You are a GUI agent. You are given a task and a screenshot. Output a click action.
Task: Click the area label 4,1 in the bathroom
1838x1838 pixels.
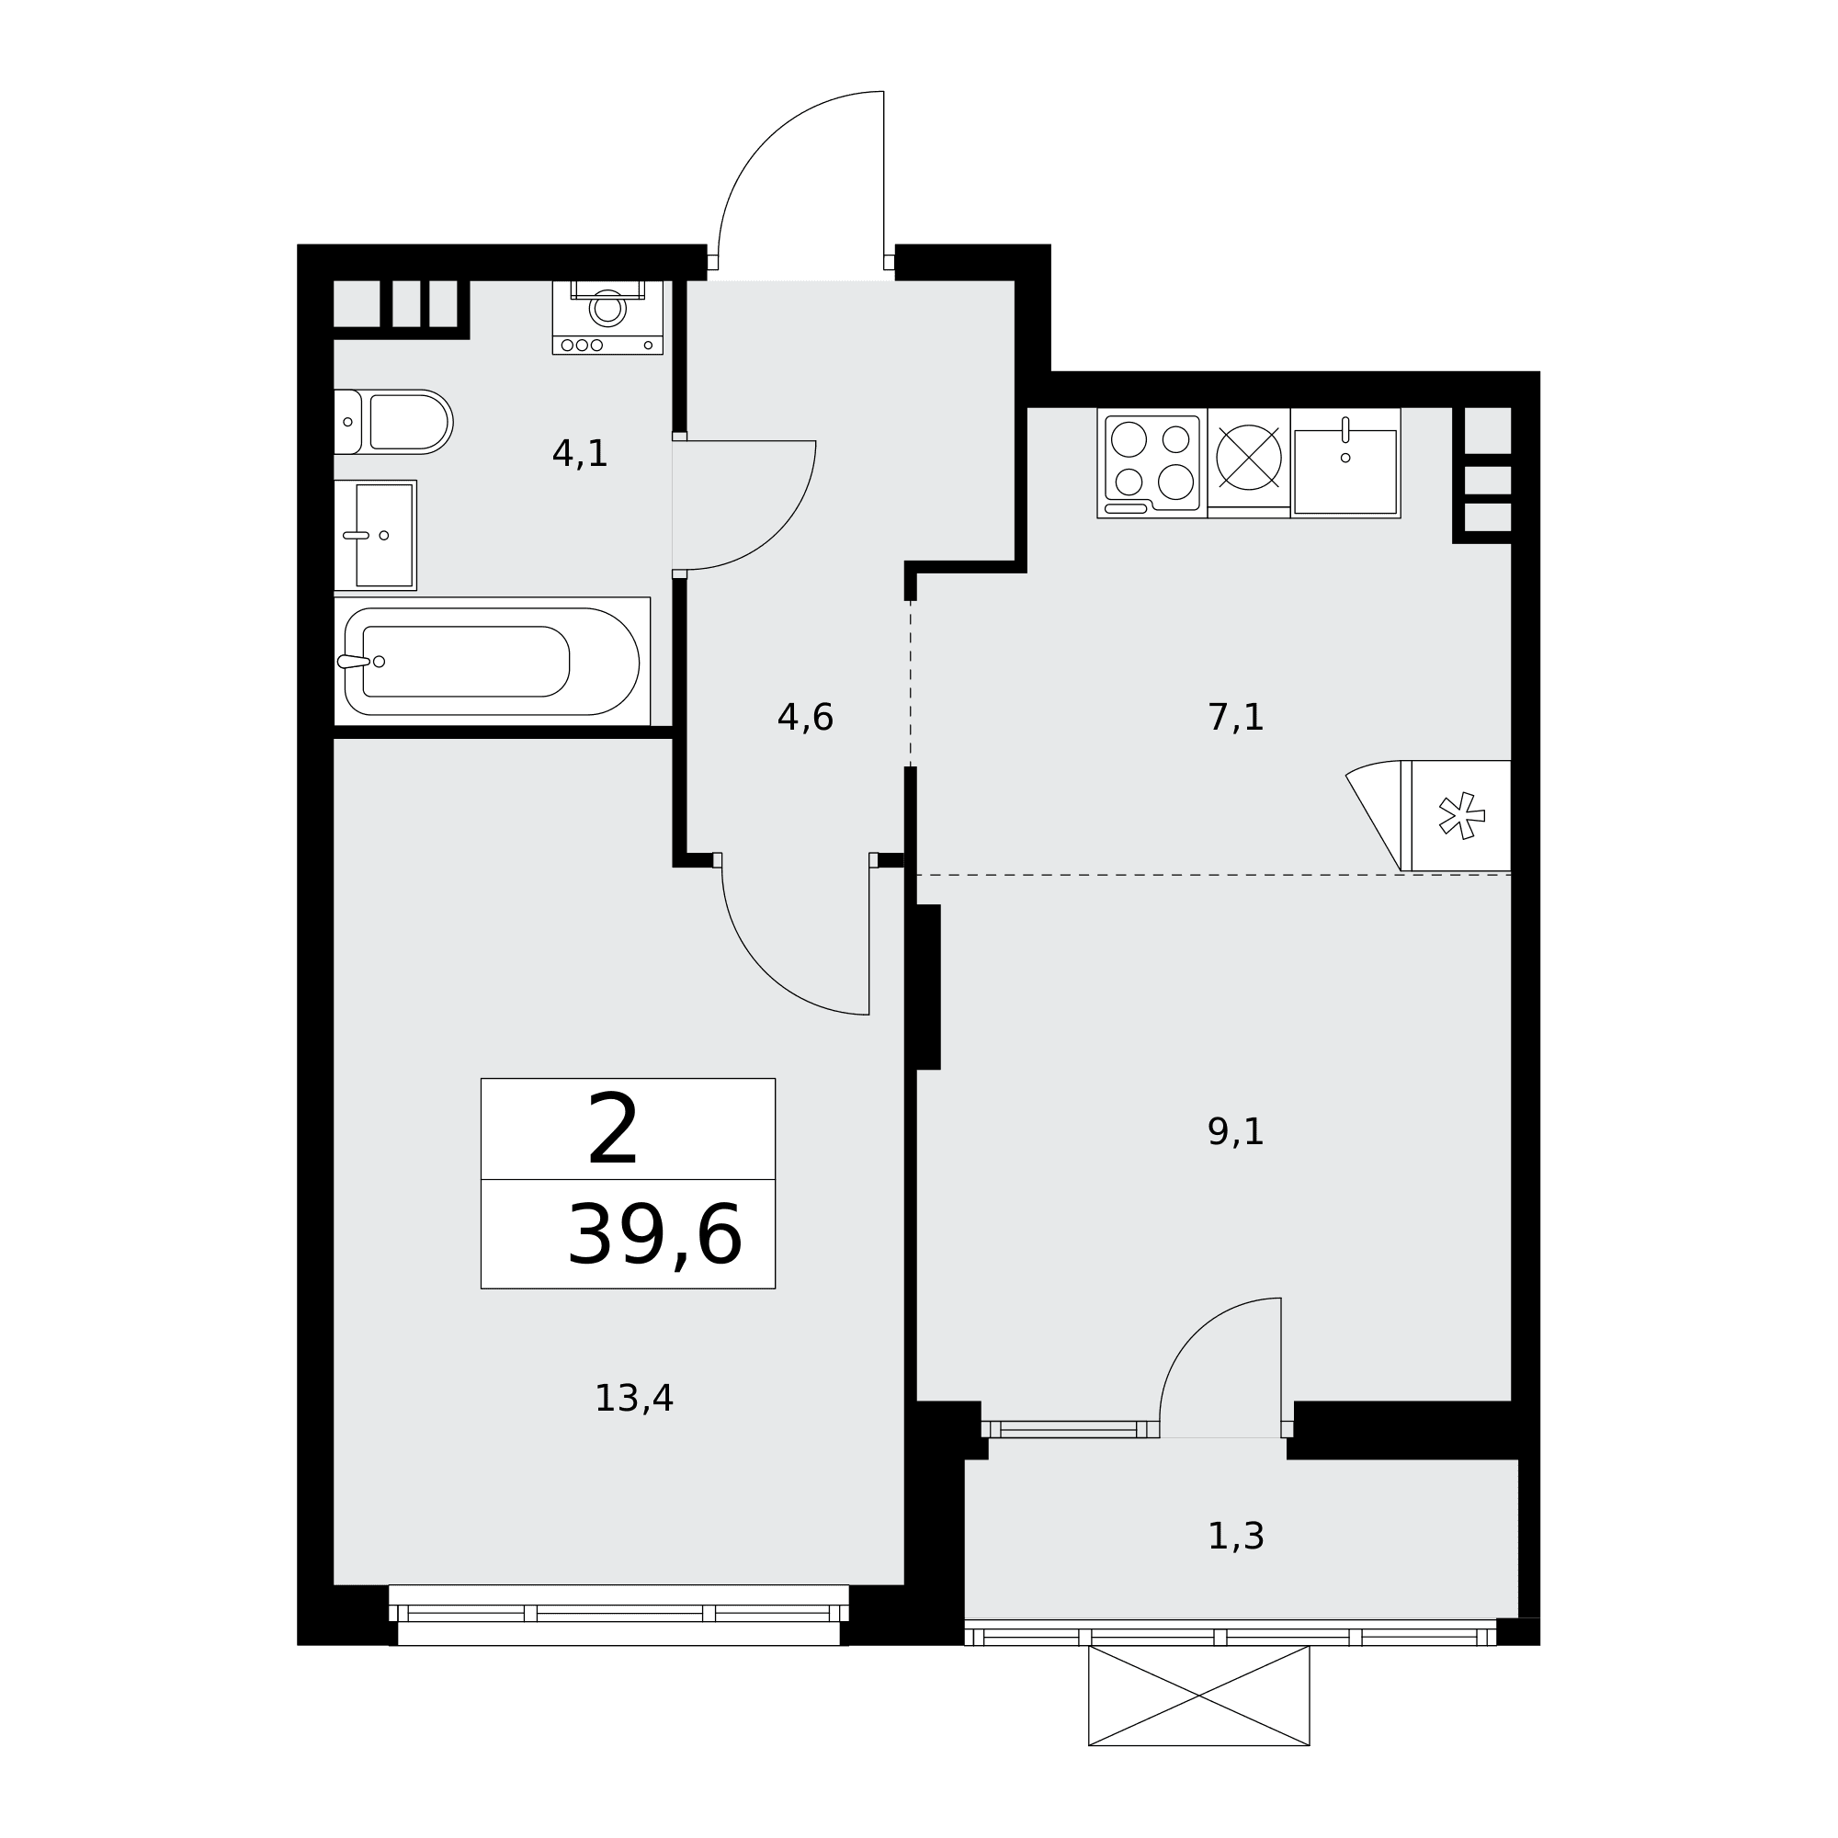tap(579, 454)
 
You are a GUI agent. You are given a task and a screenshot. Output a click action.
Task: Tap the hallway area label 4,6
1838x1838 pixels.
tap(805, 718)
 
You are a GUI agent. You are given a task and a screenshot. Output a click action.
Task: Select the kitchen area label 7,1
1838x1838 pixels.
tap(1235, 718)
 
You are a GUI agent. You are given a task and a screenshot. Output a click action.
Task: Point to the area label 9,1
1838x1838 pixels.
tap(1235, 1132)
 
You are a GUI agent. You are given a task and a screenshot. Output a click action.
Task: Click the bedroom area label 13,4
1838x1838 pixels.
tap(633, 1399)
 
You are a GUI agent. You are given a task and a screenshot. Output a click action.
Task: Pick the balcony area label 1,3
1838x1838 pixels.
tap(1235, 1537)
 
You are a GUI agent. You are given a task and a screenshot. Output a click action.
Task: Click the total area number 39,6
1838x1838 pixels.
tap(654, 1236)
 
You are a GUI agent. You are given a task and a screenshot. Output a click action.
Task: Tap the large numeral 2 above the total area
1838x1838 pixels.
tap(613, 1129)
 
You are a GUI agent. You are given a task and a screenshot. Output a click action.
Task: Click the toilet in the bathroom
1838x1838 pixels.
tap(393, 422)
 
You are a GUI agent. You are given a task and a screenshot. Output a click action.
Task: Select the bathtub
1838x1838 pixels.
tap(492, 661)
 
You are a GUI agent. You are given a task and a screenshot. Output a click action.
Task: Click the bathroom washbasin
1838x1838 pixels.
tap(375, 535)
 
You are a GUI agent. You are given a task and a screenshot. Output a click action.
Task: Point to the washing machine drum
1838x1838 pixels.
tap(607, 308)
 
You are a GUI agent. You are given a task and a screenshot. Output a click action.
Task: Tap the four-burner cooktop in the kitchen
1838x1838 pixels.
tap(1152, 463)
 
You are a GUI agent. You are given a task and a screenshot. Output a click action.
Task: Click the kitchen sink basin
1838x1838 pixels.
tap(1345, 471)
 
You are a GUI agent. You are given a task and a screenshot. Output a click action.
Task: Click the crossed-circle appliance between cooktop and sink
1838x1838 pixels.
tap(1248, 458)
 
